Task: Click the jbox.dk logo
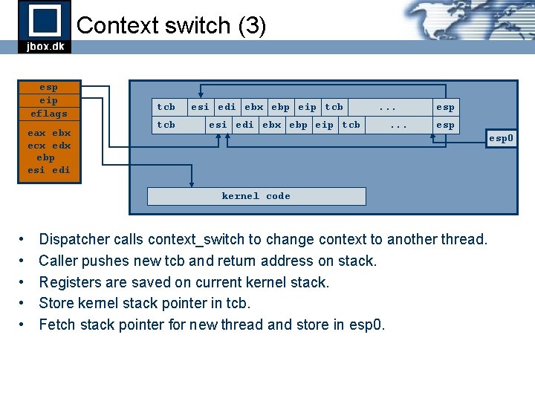(45, 27)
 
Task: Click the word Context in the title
(112, 25)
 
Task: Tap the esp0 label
(500, 138)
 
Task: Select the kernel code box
(256, 196)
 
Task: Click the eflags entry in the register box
(49, 114)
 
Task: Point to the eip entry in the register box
(49, 100)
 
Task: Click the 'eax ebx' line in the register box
(49, 133)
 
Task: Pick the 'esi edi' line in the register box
(49, 170)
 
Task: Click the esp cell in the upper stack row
(445, 107)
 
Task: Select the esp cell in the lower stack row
(445, 125)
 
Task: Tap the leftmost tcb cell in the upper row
(166, 107)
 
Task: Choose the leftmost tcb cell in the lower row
(166, 125)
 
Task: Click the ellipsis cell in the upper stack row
(387, 107)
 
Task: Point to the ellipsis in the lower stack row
(398, 125)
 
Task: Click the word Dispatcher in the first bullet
(75, 239)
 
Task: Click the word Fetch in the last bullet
(57, 325)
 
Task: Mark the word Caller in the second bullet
(59, 261)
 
